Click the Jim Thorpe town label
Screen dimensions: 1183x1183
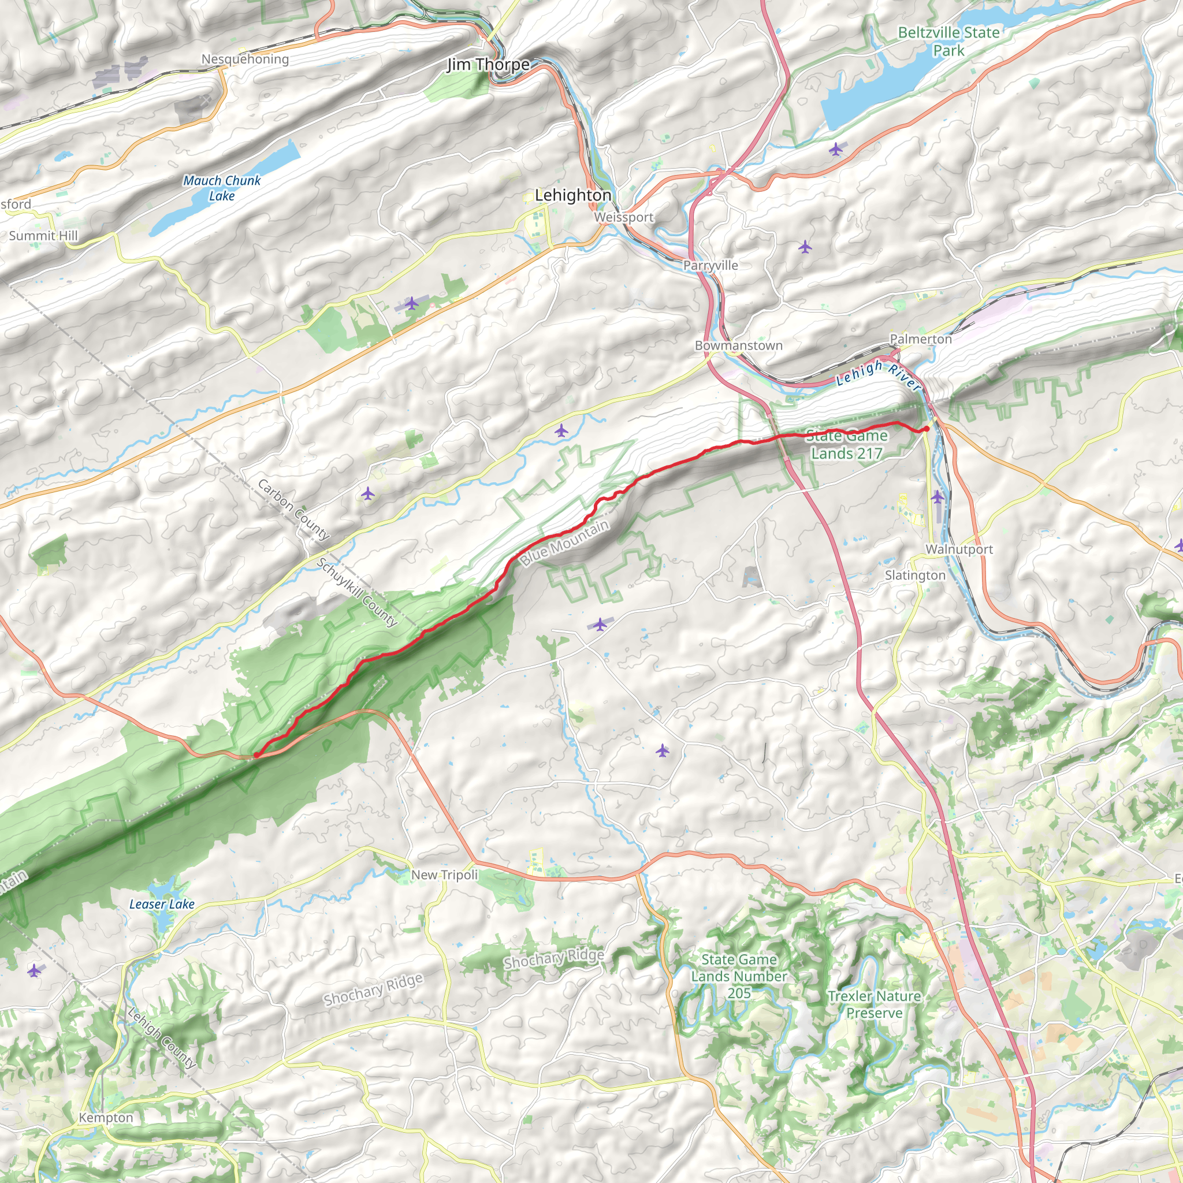[488, 64]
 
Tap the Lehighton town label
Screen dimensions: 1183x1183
[572, 195]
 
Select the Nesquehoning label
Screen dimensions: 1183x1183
[245, 59]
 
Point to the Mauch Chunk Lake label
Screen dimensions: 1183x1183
[222, 188]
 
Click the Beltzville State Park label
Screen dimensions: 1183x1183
[948, 41]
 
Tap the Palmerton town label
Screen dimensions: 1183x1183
[920, 338]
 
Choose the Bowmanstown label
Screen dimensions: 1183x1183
[738, 345]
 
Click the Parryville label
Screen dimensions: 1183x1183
[710, 265]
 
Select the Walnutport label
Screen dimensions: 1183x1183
[958, 549]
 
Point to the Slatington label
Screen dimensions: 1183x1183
[915, 575]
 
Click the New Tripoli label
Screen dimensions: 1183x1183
[444, 875]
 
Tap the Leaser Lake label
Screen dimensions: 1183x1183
[162, 904]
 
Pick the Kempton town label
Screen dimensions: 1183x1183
[106, 1118]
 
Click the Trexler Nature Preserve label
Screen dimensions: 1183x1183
[874, 1004]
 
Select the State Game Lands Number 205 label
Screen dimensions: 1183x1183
[738, 976]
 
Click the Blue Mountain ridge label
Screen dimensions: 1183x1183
[564, 542]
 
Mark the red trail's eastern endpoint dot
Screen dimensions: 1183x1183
[926, 429]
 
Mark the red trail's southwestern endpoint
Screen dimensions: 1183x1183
[256, 756]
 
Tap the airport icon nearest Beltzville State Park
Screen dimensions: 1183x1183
[835, 149]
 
